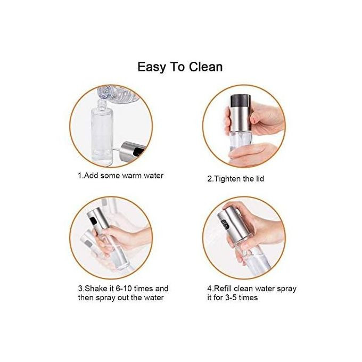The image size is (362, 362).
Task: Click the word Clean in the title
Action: pyautogui.click(x=205, y=67)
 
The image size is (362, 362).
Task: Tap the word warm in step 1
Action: pyautogui.click(x=132, y=176)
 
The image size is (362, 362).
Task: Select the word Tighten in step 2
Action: pyautogui.click(x=230, y=179)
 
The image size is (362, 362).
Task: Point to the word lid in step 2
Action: pyautogui.click(x=260, y=179)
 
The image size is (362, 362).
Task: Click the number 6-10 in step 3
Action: pyautogui.click(x=124, y=289)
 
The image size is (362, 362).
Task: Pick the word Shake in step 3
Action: pyautogui.click(x=96, y=289)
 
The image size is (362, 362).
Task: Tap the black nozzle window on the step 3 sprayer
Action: pyautogui.click(x=94, y=221)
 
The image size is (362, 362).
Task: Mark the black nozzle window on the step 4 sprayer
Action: pyautogui.click(x=225, y=224)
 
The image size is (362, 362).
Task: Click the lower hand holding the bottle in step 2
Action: pyautogui.click(x=251, y=153)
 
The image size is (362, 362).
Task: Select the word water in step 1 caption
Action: pyautogui.click(x=153, y=176)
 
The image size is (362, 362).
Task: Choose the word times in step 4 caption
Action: pyautogui.click(x=248, y=298)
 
